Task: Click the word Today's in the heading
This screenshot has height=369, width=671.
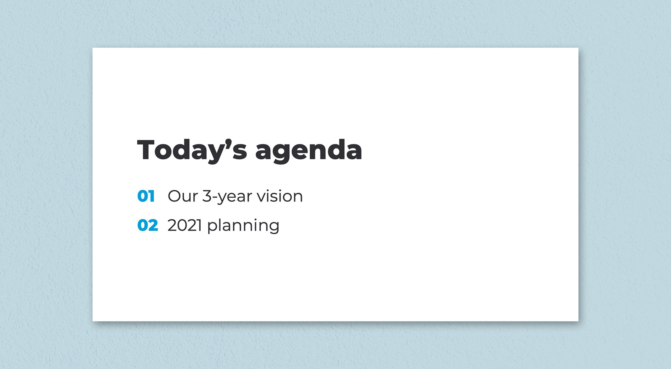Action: pyautogui.click(x=192, y=151)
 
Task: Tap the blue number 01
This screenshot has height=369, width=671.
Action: pyautogui.click(x=146, y=196)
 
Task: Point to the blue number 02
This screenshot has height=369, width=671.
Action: pyautogui.click(x=148, y=225)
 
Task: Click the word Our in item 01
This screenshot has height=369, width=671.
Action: pyautogui.click(x=183, y=196)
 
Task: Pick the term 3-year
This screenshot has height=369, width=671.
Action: pyautogui.click(x=227, y=196)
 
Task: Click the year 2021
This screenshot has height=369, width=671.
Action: pyautogui.click(x=185, y=225)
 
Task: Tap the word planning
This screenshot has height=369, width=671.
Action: pyautogui.click(x=243, y=226)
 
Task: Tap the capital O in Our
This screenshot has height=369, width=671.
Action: pyautogui.click(x=174, y=196)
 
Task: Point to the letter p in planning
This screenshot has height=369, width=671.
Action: pyautogui.click(x=212, y=228)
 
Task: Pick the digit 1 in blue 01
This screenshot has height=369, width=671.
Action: pyautogui.click(x=152, y=196)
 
